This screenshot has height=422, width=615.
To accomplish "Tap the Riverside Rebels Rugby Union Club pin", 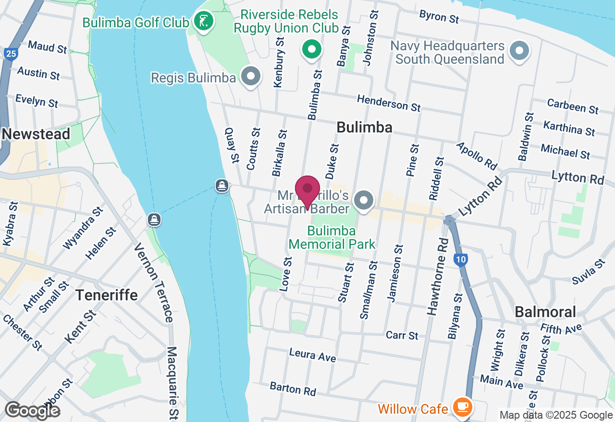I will [311, 49].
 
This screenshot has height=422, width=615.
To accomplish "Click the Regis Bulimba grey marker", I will [250, 77].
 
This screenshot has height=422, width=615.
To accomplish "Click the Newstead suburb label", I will [36, 134].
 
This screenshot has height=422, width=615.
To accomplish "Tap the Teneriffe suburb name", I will [107, 294].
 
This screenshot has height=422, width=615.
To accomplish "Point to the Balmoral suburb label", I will [545, 312].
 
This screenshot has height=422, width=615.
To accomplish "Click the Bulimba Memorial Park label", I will [332, 237].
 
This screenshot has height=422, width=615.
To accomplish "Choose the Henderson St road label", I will [389, 102].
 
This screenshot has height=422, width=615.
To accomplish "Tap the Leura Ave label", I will [312, 355].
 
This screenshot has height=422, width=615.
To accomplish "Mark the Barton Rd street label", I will [293, 389].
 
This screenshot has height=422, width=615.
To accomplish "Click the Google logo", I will [32, 410].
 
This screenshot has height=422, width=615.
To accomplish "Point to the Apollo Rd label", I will [477, 155].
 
